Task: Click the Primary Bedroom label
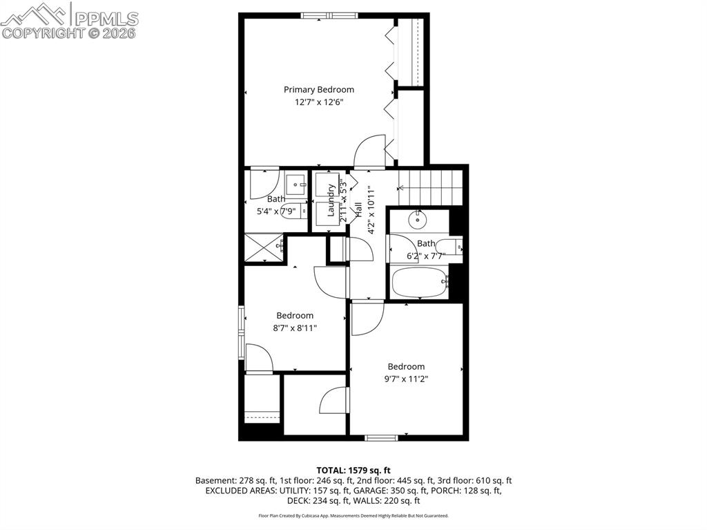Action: coord(319,89)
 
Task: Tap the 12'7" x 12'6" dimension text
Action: coord(319,102)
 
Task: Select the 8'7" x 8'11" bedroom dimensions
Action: coord(295,328)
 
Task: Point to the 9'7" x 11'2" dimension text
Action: coord(406,379)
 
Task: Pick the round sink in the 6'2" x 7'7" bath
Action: coord(417,220)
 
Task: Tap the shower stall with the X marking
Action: coord(264,247)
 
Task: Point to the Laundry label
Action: coord(331,200)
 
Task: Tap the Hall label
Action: coord(358,209)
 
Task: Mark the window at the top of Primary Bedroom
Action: coord(328,15)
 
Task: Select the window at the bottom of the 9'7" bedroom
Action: coord(381,437)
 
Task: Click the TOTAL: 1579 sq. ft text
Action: coord(353,470)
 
